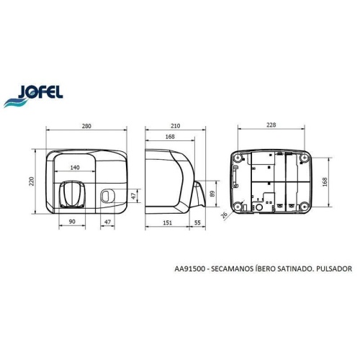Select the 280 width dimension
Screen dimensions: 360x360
[x=86, y=127]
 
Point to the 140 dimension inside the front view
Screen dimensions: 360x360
[x=75, y=167]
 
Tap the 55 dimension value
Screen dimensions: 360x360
[x=197, y=223]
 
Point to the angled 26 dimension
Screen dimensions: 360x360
[x=223, y=215]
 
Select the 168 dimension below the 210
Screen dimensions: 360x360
[x=169, y=137]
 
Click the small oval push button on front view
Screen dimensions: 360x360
[x=107, y=195]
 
